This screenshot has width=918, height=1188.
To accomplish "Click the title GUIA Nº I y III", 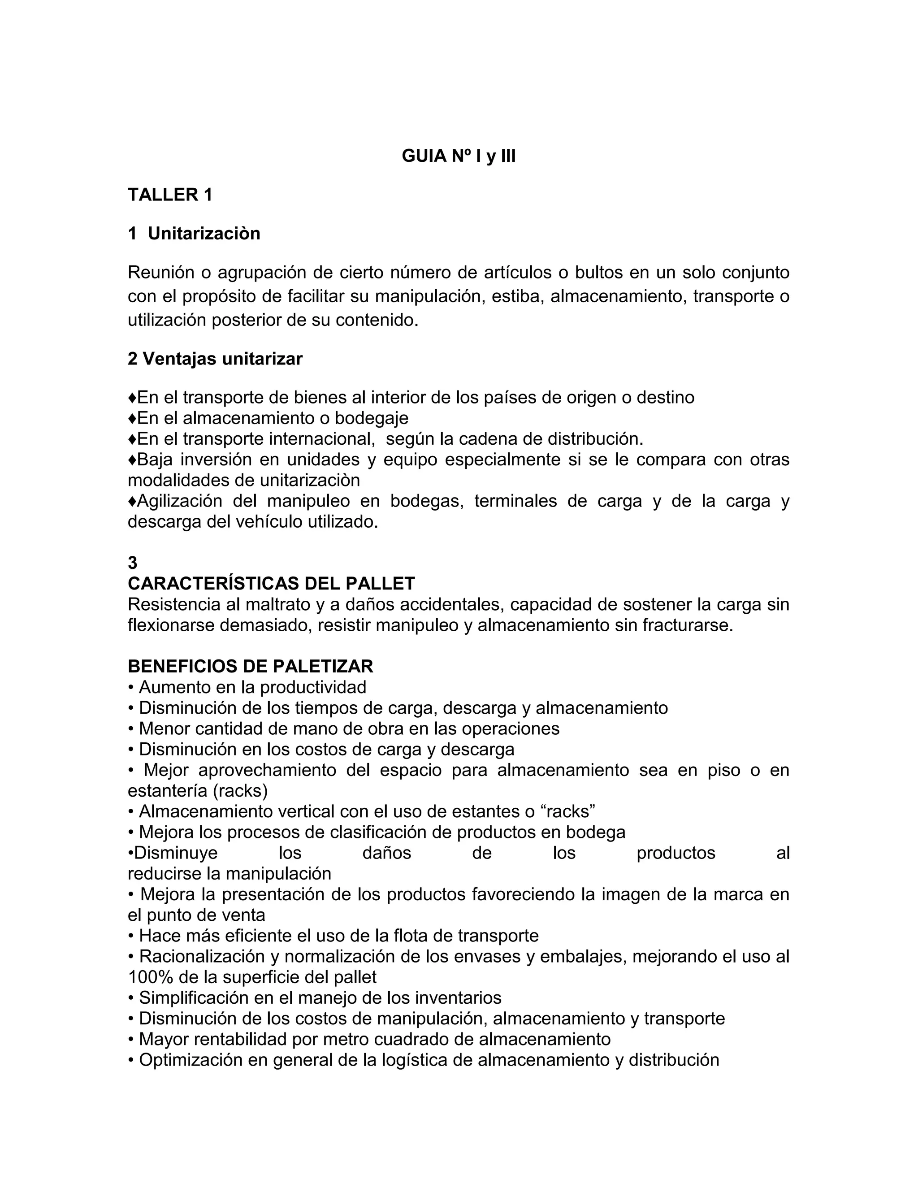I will click(459, 156).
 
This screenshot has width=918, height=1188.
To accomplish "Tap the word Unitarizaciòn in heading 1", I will click(204, 234).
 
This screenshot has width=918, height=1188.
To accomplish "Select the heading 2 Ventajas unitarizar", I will click(215, 359).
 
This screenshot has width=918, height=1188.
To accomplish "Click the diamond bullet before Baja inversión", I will click(132, 460).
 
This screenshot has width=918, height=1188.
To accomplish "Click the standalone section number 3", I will click(133, 563).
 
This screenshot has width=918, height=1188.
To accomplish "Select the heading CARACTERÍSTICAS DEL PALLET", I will click(271, 584).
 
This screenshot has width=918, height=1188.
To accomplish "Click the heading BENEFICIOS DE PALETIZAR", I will click(250, 666).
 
